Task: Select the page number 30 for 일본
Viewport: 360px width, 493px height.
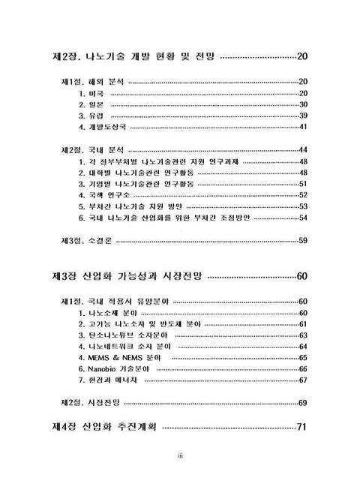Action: tap(304, 105)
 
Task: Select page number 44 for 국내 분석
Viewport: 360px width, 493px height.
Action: tap(304, 150)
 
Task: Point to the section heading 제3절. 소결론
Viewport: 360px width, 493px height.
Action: tap(84, 241)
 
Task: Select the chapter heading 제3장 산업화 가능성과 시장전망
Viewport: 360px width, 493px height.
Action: tap(127, 277)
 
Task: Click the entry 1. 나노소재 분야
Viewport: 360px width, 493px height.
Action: tap(108, 313)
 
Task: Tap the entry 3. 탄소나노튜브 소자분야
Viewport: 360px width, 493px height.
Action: tap(123, 335)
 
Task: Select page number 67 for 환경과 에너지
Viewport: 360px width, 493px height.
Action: tap(304, 380)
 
